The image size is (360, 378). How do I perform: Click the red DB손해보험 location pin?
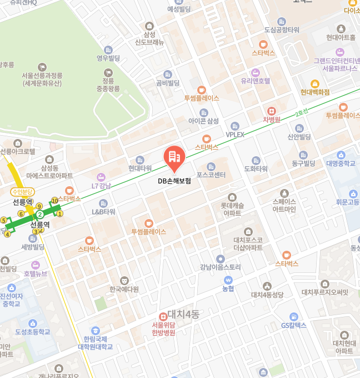click(174, 159)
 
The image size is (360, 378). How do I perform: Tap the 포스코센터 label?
click(211, 175)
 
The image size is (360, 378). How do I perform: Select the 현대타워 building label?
click(140, 168)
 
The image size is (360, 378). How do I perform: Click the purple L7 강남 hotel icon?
click(99, 176)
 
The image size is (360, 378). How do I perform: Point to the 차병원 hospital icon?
click(271, 111)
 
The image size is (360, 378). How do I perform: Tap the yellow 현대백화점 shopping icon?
click(314, 83)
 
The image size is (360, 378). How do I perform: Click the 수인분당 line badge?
click(23, 191)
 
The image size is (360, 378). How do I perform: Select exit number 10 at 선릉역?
click(54, 201)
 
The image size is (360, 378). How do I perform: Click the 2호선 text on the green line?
click(301, 113)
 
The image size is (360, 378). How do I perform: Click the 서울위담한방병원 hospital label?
click(163, 329)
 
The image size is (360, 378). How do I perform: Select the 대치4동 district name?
click(183, 314)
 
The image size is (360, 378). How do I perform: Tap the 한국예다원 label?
click(124, 289)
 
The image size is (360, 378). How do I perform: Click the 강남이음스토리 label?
click(221, 267)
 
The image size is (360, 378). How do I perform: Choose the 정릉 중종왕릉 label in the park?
click(108, 84)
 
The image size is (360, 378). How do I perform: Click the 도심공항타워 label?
click(282, 29)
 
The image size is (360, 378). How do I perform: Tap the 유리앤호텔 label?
click(255, 81)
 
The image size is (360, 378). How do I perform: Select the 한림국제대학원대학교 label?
click(95, 342)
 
